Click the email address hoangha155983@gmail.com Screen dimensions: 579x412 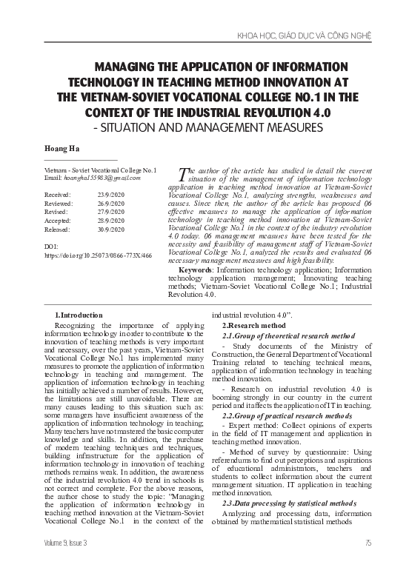(x=92, y=178)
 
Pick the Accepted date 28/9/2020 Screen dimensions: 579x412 (x=111, y=220)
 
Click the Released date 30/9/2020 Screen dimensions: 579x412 (x=111, y=229)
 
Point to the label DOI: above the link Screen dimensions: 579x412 (x=51, y=244)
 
